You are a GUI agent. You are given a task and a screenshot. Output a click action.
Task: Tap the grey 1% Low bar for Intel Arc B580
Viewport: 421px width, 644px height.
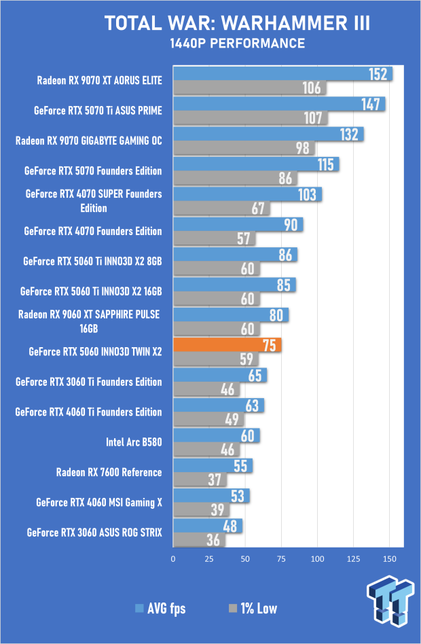[x=204, y=449]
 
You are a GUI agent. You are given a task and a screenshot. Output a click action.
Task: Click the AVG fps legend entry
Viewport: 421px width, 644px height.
[x=161, y=608]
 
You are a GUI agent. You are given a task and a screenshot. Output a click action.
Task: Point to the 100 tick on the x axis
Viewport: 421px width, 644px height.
[x=317, y=559]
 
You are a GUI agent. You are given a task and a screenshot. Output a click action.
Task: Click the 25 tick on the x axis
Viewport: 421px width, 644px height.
[x=210, y=559]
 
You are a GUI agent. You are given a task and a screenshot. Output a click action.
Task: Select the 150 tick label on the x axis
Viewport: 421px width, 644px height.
[x=389, y=559]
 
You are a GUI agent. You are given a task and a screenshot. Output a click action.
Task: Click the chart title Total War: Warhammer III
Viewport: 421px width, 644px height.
[x=238, y=24]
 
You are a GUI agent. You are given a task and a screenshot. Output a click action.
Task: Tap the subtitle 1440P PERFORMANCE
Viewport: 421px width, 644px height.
[x=238, y=44]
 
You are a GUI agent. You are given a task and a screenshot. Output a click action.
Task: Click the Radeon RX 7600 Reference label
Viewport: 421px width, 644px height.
[x=109, y=472]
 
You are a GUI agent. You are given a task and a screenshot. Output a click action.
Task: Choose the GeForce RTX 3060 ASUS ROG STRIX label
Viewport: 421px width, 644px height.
[x=94, y=532]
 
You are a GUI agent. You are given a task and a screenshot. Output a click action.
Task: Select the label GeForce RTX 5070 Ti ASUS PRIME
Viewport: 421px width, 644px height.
[x=98, y=109]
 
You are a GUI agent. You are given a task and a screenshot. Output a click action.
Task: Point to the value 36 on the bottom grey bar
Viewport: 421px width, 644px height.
[x=231, y=539]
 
